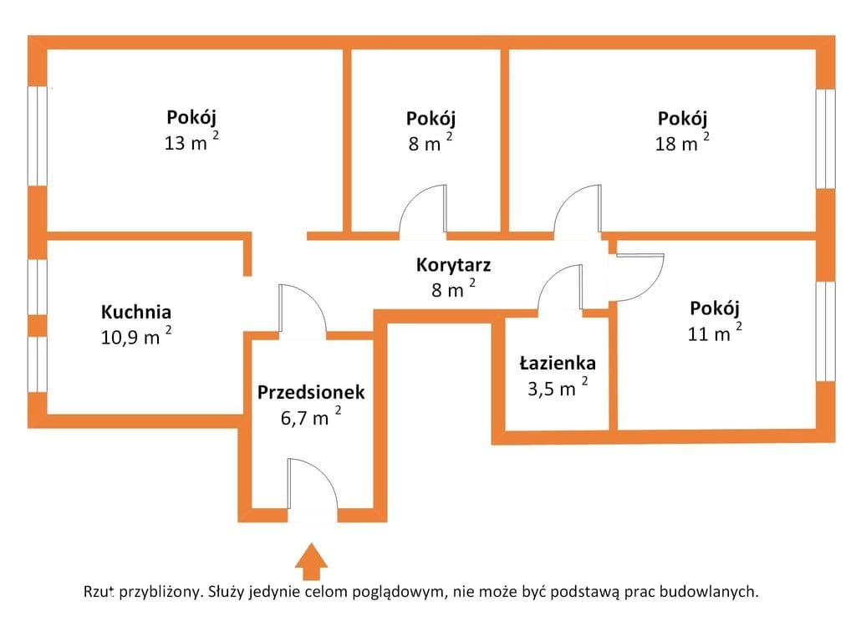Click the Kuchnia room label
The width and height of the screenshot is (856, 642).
tap(136, 312)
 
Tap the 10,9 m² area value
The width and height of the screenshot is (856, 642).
tap(136, 336)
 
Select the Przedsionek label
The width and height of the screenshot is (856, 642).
tap(311, 392)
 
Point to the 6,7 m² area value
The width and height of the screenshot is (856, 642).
tap(311, 416)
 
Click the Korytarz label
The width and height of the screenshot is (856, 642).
tap(453, 265)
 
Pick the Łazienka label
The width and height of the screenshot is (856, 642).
tap(558, 363)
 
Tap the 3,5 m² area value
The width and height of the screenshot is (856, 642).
tap(558, 387)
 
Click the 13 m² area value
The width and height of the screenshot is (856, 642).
tap(191, 142)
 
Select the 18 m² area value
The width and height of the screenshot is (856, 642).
tap(682, 142)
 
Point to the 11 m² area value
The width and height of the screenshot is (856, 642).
tap(715, 332)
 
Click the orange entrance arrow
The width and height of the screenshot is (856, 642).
tap(311, 561)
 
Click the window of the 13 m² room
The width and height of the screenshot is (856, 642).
tap(37, 135)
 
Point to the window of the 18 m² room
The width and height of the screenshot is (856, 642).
tap(825, 139)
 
